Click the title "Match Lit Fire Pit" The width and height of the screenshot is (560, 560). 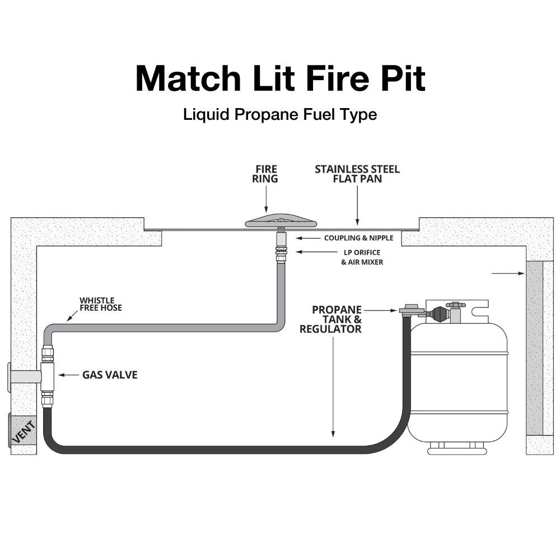point(280,78)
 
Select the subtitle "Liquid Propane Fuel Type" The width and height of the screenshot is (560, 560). point(280,115)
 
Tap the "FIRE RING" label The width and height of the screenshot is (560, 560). point(267,174)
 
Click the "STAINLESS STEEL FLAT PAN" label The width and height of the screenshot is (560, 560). point(357,174)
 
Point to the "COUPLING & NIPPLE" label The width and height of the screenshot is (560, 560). point(358,238)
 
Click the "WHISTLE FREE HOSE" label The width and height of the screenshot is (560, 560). point(100,304)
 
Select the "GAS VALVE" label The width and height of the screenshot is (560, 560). point(110,375)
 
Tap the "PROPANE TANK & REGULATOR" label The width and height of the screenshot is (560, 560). point(330,319)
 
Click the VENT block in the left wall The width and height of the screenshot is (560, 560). point(23,431)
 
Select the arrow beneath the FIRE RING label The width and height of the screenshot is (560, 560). point(267,199)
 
